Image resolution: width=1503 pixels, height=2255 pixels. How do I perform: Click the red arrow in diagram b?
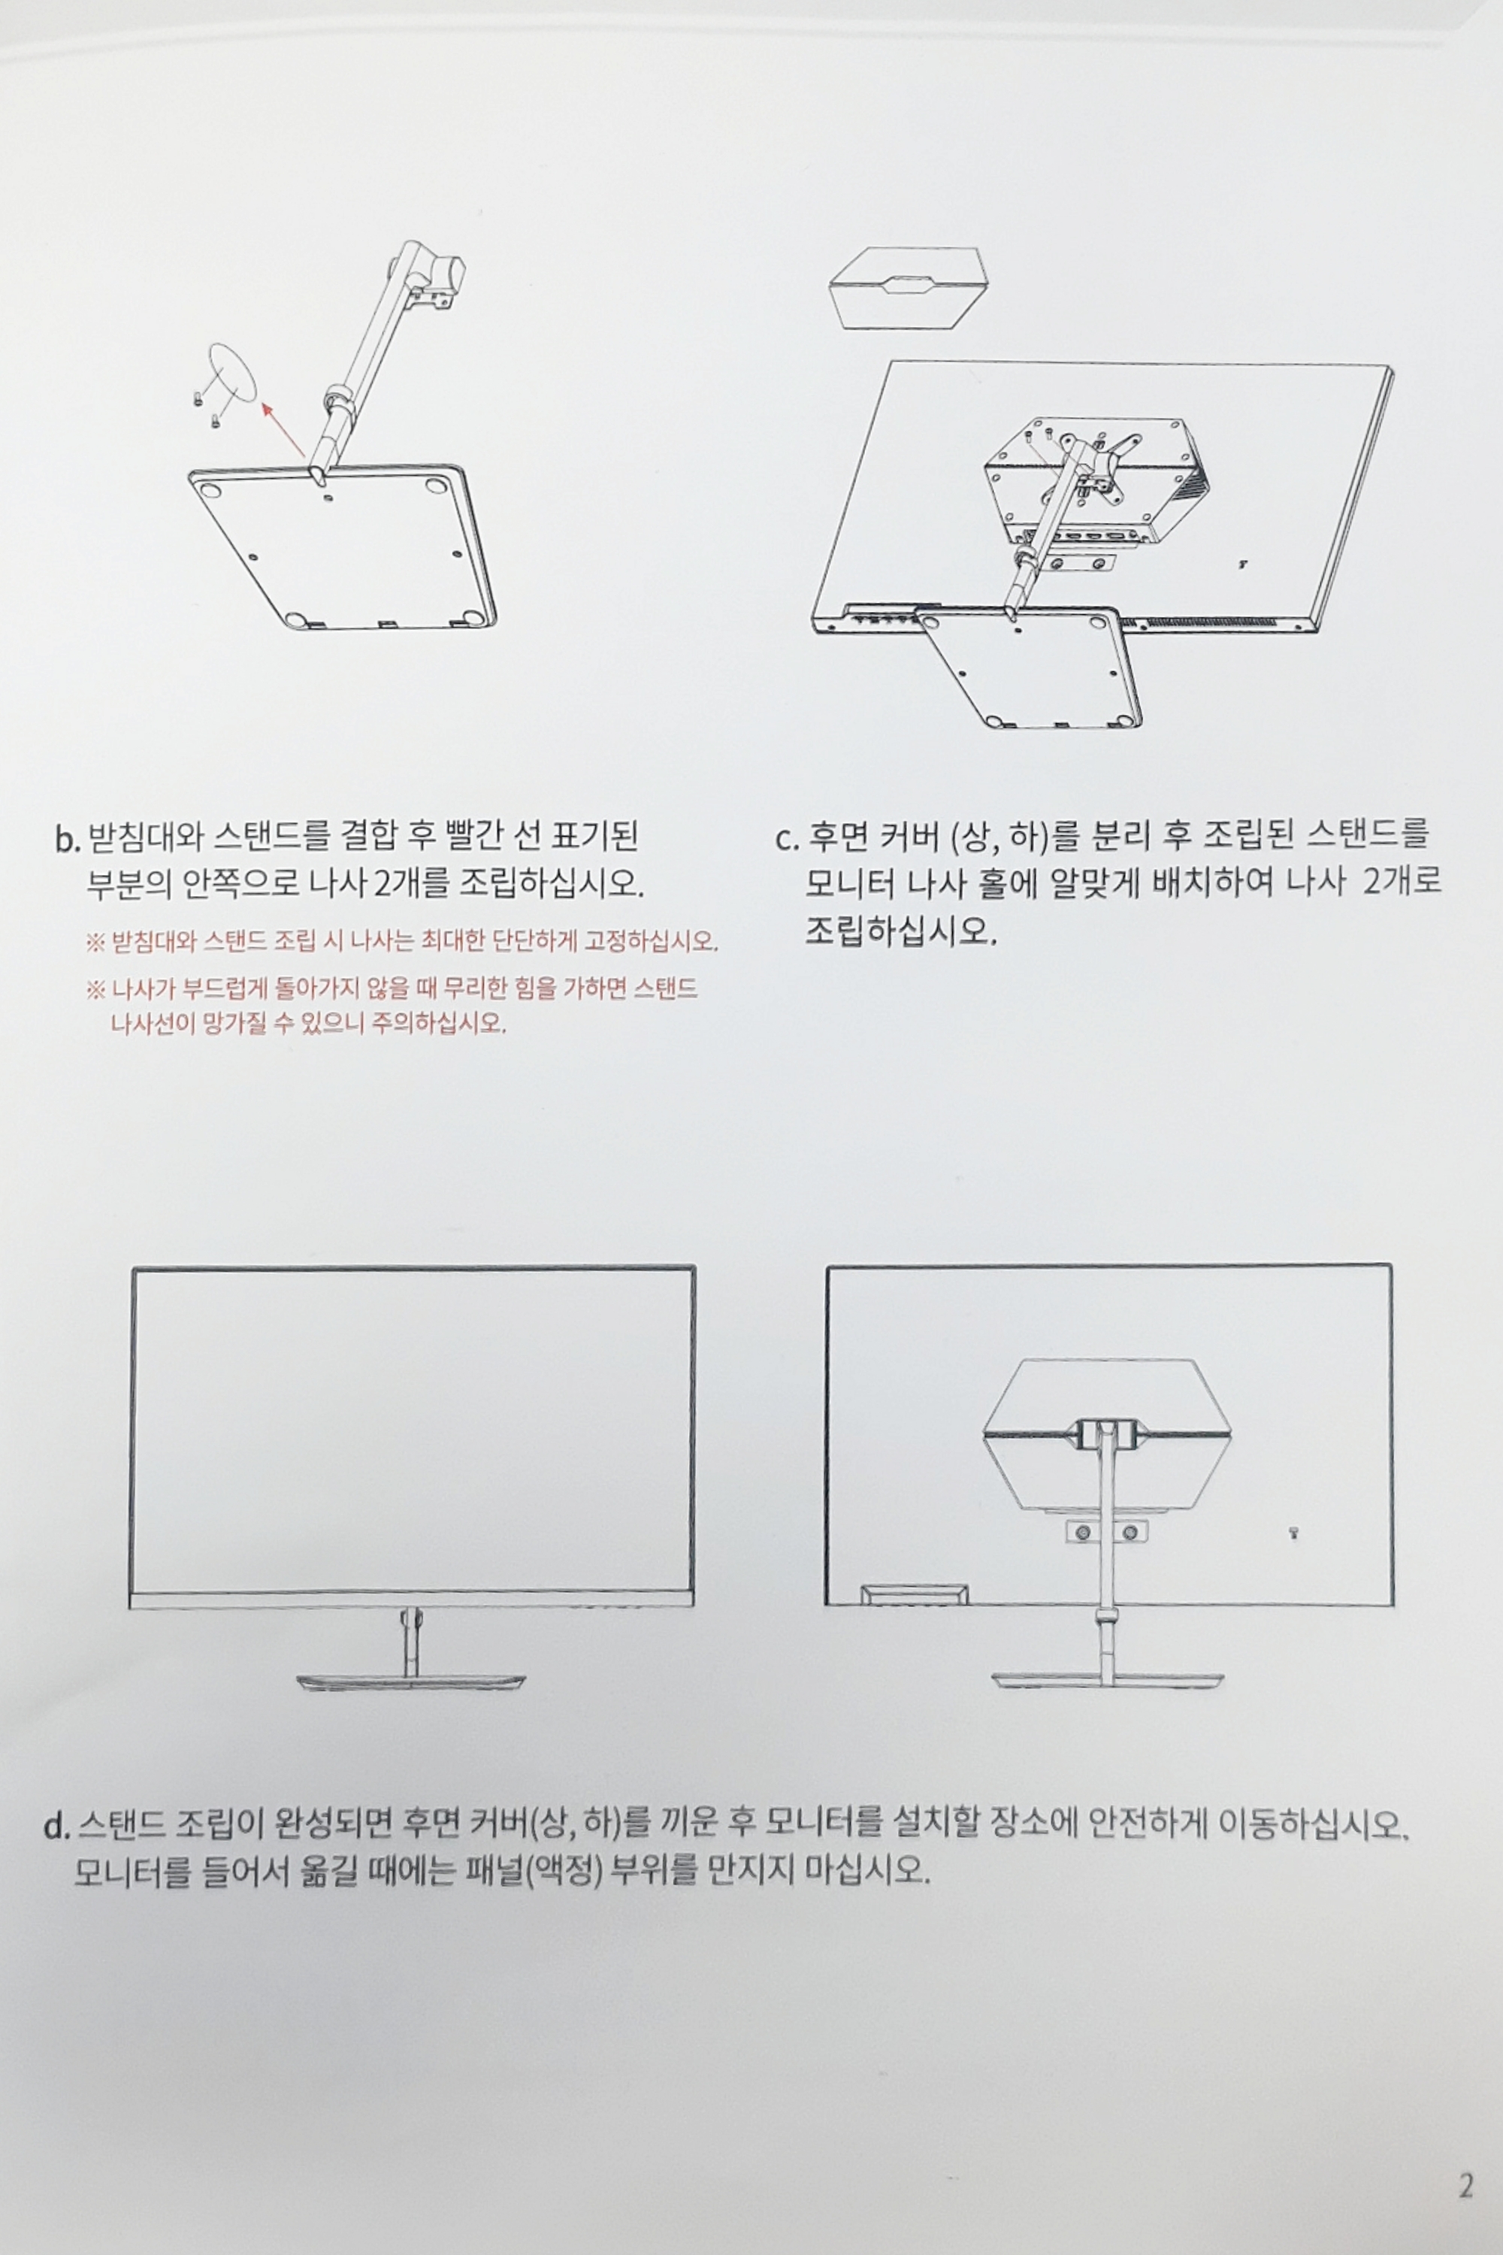click(285, 428)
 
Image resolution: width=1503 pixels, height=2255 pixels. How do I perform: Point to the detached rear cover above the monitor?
click(908, 289)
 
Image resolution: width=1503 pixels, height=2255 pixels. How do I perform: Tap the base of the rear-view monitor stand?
click(1107, 1681)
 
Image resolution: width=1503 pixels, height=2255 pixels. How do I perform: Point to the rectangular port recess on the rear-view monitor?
click(915, 1594)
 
